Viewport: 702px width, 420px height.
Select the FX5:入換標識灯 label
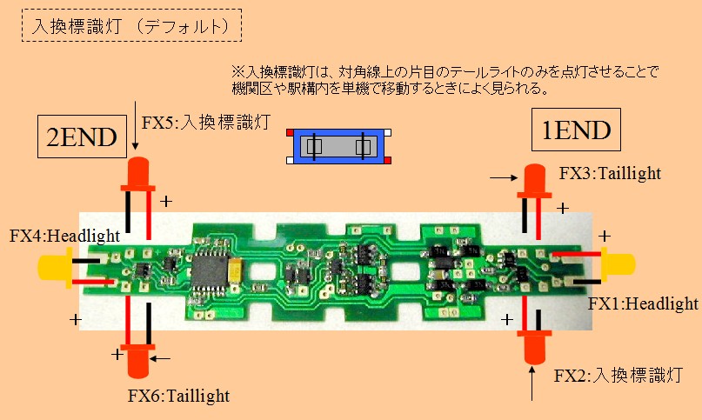[196, 123]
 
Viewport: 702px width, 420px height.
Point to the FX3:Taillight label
[610, 173]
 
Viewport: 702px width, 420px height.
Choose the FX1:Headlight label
[643, 303]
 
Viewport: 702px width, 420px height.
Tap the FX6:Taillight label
[178, 396]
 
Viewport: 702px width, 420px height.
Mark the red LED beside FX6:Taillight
[137, 359]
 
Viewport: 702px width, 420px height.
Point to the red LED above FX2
[533, 346]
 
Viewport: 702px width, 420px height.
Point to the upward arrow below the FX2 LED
[532, 383]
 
